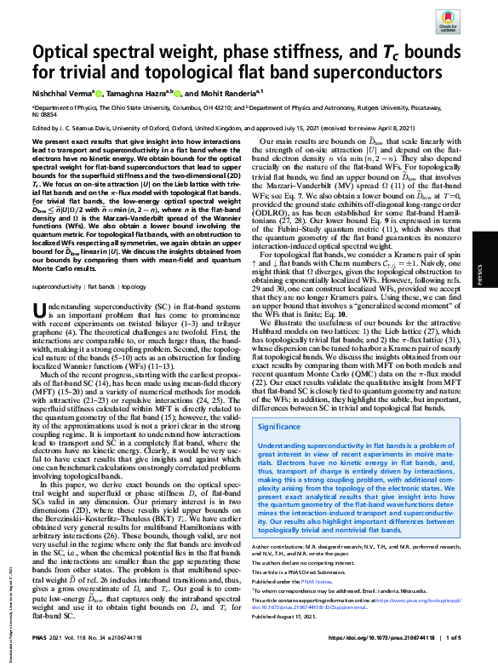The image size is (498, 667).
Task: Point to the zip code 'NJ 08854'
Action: point(43,117)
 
